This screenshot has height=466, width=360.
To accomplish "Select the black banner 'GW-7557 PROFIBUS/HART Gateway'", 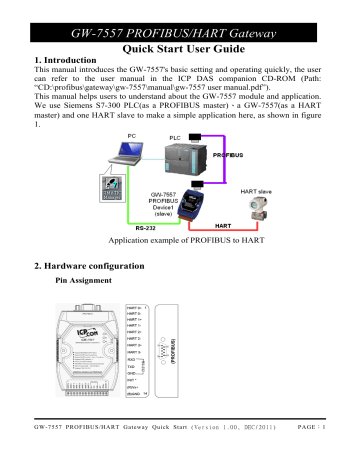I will click(180, 12).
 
